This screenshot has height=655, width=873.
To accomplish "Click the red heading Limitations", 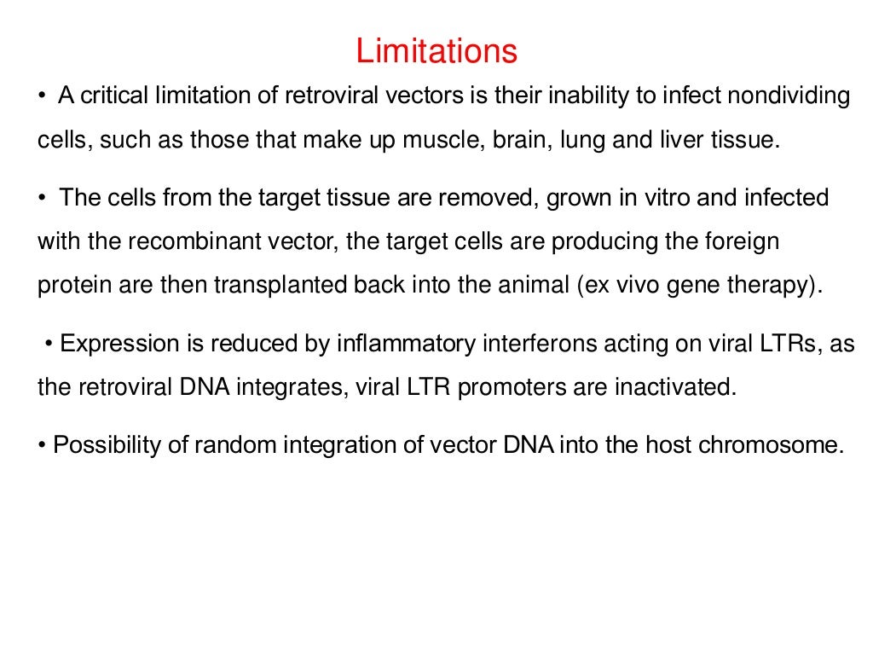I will [436, 51].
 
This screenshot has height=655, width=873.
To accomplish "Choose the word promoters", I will [514, 387].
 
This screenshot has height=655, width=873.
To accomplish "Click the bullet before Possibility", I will [42, 445].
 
